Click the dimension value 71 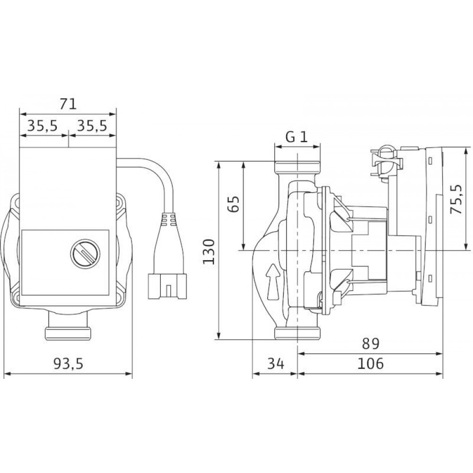pos(68,105)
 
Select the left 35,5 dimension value pos(42,126)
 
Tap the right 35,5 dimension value pos(92,126)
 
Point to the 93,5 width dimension pos(68,364)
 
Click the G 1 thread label pos(297,138)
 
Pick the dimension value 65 pos(233,204)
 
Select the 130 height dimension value pos(209,252)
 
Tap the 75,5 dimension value pos(456,200)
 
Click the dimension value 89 pos(370,344)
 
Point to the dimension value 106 pos(370,363)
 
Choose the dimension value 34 pos(276,363)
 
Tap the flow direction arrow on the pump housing pos(273,282)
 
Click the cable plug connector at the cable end pos(167,286)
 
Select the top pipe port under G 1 pos(298,166)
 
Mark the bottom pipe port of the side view pos(298,333)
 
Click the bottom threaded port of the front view pos(68,333)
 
